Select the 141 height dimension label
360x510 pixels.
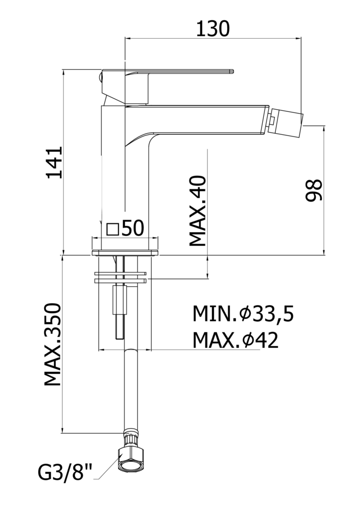[55, 163]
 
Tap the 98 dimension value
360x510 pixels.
[314, 190]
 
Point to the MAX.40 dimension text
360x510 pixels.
[198, 211]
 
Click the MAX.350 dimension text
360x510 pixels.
[53, 345]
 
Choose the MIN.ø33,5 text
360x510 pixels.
[243, 314]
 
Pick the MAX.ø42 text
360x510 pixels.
[235, 340]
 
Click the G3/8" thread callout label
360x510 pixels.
[65, 472]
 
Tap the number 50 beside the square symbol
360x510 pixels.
[133, 228]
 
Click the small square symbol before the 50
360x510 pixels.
[113, 229]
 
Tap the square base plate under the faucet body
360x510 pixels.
[125, 252]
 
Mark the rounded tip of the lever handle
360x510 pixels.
[232, 71]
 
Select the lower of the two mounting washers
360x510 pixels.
[120, 280]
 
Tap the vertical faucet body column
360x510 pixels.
[125, 177]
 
